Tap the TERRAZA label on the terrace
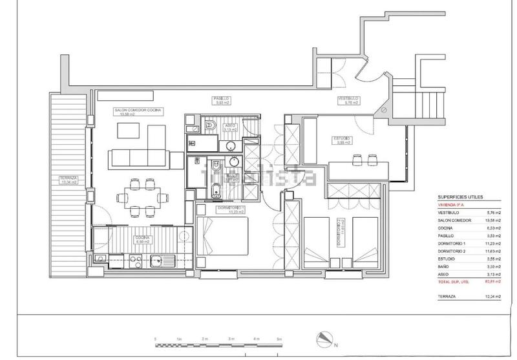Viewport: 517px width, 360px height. (68, 180)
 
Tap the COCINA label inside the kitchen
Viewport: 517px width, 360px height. (142, 238)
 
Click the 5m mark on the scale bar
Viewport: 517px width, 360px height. (279, 339)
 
